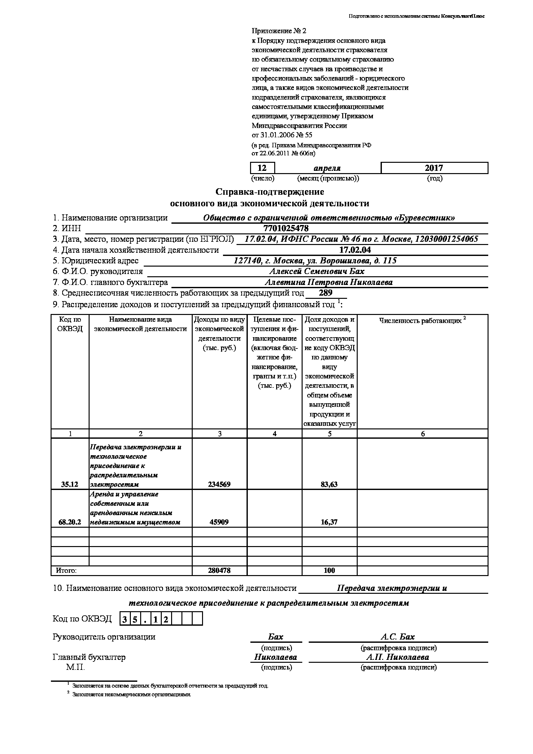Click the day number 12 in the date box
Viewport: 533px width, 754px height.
(262, 168)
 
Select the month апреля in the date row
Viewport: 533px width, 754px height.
(327, 168)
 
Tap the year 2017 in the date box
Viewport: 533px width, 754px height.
(434, 168)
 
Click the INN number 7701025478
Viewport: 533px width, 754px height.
(286, 228)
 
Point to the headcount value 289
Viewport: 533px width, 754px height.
(325, 293)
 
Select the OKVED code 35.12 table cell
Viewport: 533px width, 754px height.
(70, 484)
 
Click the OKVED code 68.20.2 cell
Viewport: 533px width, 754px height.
(70, 522)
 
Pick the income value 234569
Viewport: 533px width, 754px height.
(219, 484)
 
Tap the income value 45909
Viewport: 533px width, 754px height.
(219, 522)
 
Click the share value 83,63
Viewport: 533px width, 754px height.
(329, 484)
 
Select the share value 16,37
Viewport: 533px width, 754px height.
(329, 522)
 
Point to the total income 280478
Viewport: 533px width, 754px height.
(219, 570)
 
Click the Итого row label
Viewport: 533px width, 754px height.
(66, 571)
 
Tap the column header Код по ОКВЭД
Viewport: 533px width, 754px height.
(70, 324)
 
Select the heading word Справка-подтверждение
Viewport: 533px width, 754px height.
(269, 191)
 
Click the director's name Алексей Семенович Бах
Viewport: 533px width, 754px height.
(317, 271)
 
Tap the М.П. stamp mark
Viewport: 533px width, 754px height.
(75, 667)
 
